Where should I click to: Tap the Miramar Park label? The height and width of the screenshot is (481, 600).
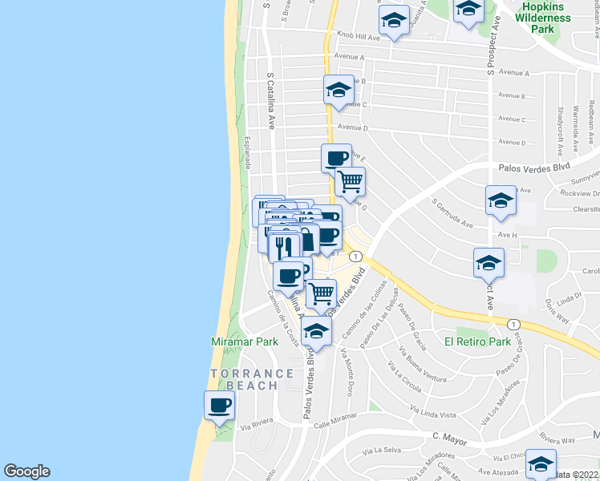(x=244, y=342)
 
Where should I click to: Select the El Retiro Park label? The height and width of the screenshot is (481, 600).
(x=477, y=342)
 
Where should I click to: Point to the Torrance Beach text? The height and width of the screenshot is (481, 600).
(x=253, y=379)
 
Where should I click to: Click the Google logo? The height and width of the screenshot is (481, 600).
(x=26, y=471)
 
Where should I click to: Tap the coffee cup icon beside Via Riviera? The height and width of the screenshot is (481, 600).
(x=219, y=406)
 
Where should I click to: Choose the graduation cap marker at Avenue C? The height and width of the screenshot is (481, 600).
(x=339, y=90)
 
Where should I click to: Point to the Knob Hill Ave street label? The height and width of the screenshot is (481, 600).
(x=359, y=37)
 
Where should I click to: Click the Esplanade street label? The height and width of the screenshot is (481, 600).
(x=248, y=152)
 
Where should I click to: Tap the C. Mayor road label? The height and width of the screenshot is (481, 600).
(x=449, y=438)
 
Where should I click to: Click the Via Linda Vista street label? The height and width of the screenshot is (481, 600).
(x=433, y=414)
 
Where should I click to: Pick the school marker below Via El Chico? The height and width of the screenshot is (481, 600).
(x=541, y=463)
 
